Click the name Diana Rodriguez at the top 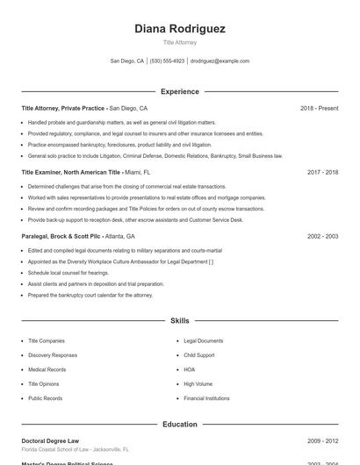[180, 29]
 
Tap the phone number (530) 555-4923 [167, 61]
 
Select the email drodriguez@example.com [220, 61]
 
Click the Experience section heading [180, 91]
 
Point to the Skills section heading [180, 321]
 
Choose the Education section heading [180, 425]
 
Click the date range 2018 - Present [319, 108]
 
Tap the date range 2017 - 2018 [322, 172]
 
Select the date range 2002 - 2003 [322, 236]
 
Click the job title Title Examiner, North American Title [71, 172]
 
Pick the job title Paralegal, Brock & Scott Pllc [61, 236]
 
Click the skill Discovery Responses [53, 355]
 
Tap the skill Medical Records [48, 369]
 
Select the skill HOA [190, 369]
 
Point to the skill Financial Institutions [206, 398]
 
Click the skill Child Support [199, 355]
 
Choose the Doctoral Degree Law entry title [50, 440]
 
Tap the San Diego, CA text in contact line [127, 61]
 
